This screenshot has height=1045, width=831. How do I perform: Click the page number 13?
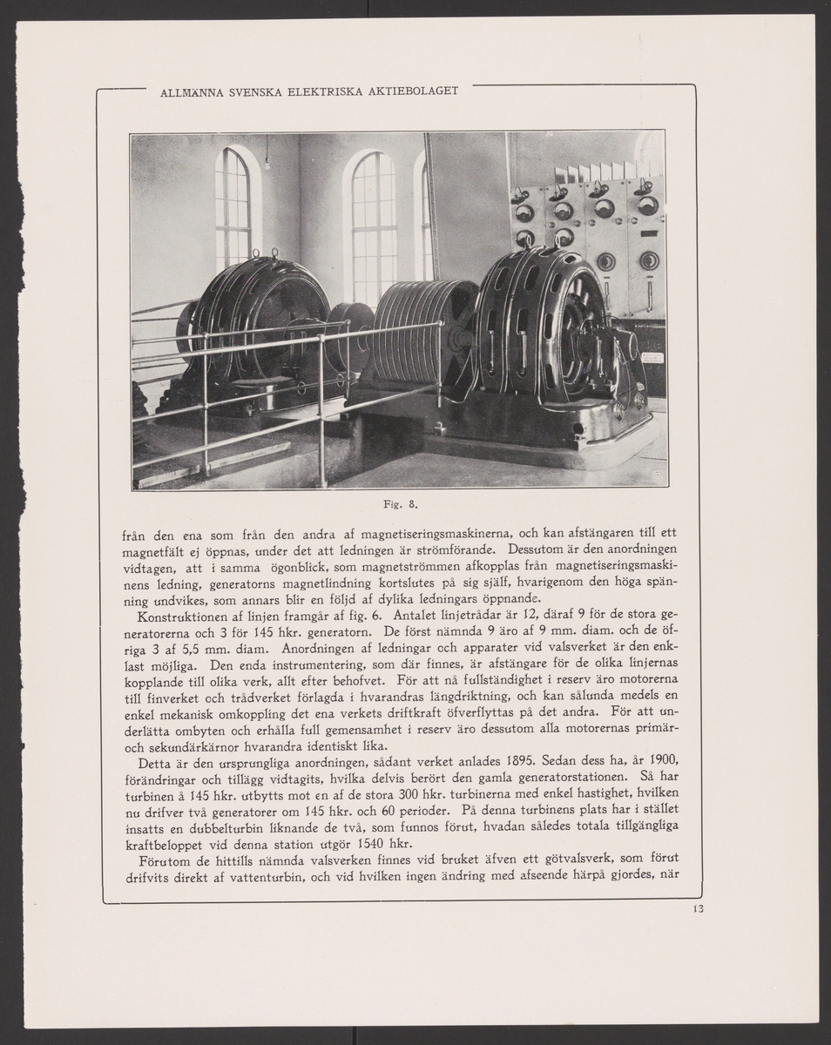[698, 910]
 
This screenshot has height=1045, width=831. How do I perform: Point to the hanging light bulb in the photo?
[267, 163]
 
